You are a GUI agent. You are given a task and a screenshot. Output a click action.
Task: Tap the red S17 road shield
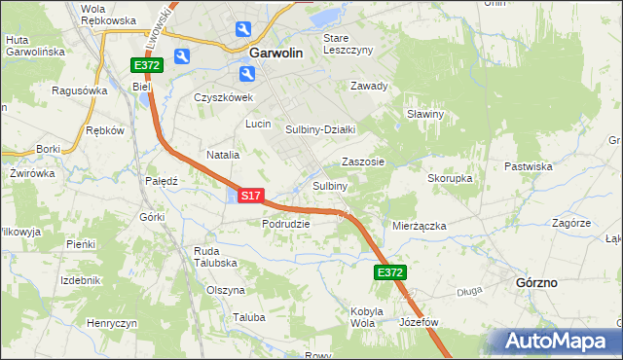pyautogui.click(x=250, y=196)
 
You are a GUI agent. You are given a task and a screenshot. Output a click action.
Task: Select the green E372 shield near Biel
pyautogui.click(x=147, y=65)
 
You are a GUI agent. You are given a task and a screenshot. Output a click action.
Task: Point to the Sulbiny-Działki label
pyautogui.click(x=321, y=129)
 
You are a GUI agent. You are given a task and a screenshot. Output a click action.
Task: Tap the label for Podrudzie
pyautogui.click(x=285, y=223)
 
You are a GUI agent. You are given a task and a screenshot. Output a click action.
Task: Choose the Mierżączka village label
pyautogui.click(x=419, y=226)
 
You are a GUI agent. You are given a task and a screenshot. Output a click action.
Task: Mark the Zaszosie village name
pyautogui.click(x=363, y=162)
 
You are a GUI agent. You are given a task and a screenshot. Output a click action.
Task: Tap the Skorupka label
pyautogui.click(x=450, y=179)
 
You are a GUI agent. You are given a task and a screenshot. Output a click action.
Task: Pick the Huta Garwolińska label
pyautogui.click(x=34, y=45)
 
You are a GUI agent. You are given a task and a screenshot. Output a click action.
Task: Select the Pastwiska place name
pyautogui.click(x=528, y=166)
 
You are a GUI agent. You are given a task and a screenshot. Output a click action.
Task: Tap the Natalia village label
pyautogui.click(x=223, y=155)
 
